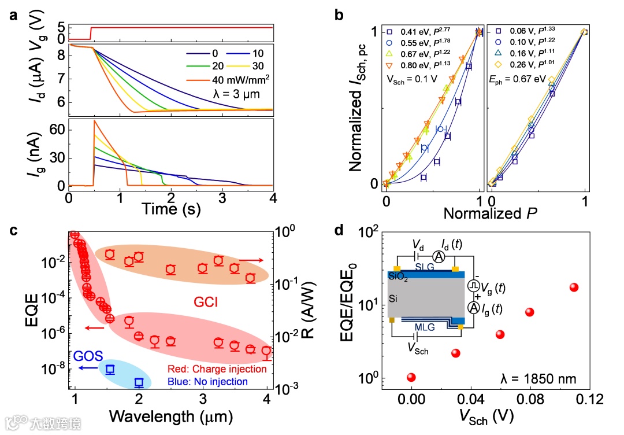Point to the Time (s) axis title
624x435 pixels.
(171, 208)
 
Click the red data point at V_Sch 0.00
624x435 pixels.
(411, 378)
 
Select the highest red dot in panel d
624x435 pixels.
(574, 287)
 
